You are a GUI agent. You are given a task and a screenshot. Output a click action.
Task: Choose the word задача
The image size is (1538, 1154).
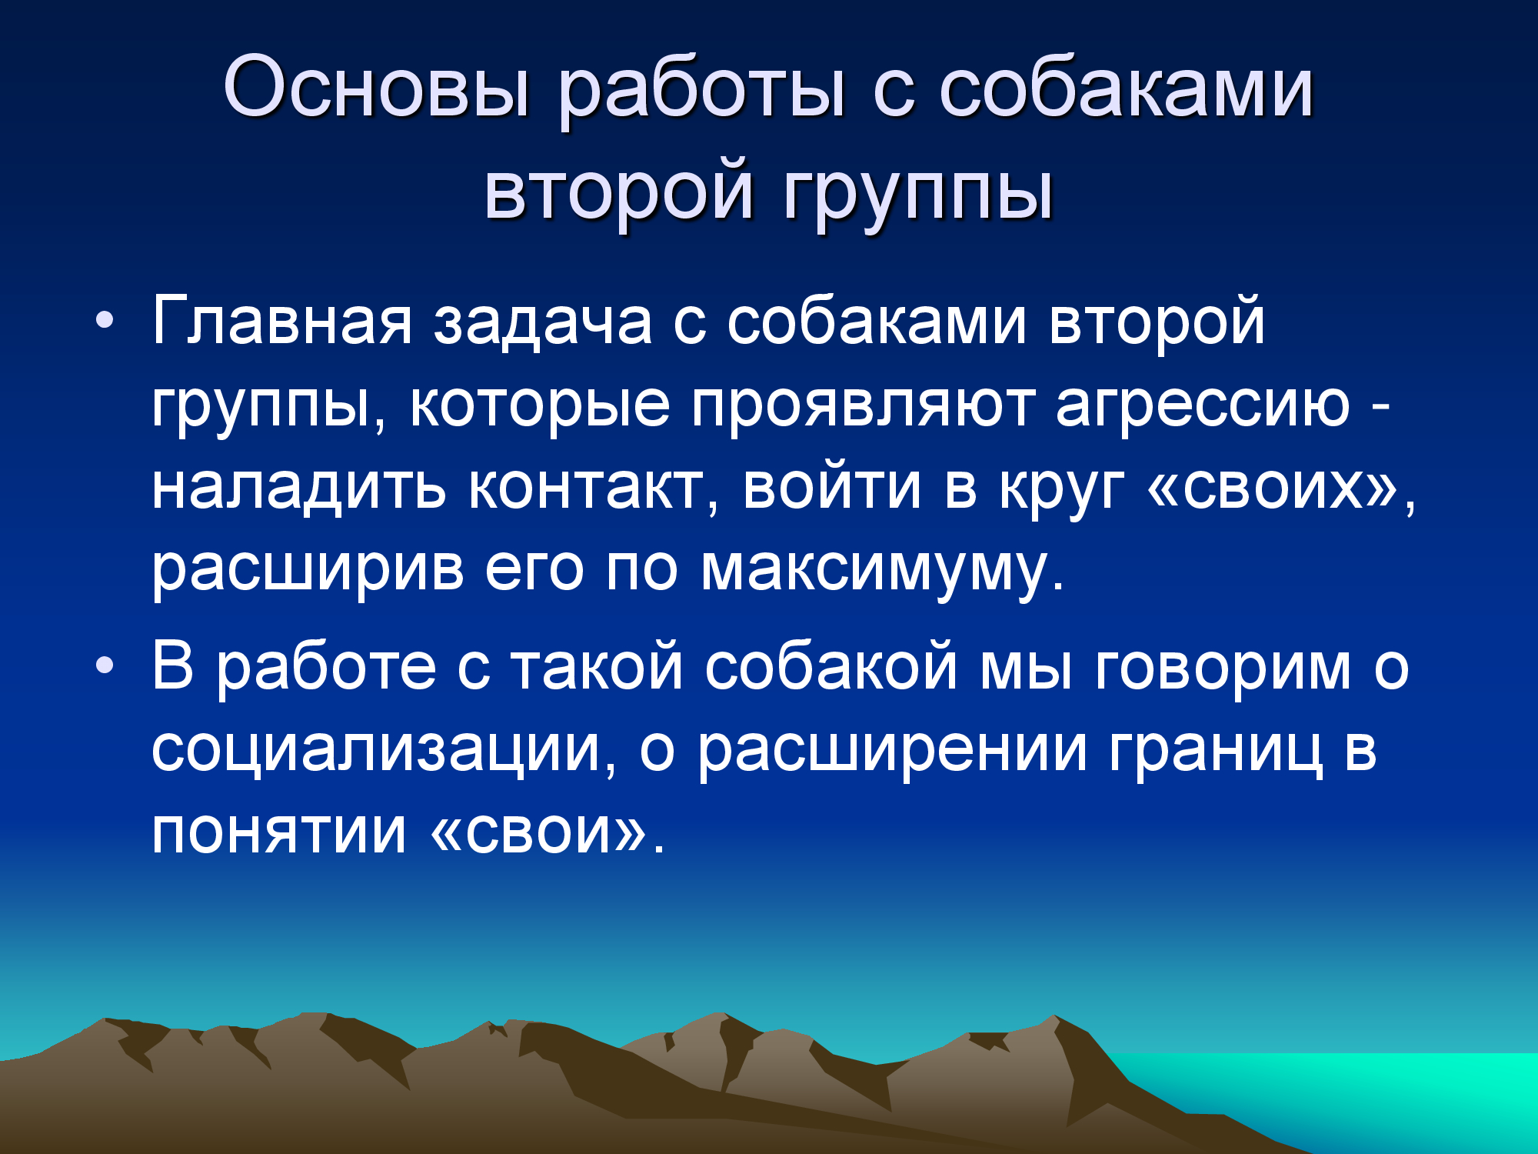click(x=543, y=323)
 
